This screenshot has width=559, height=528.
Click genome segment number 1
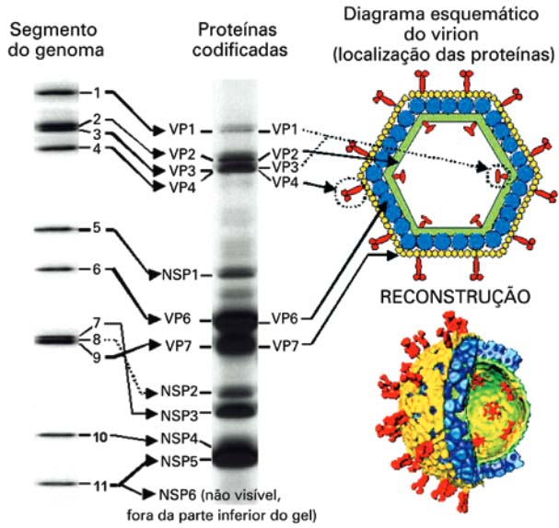click(x=96, y=92)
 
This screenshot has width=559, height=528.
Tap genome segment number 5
click(x=96, y=227)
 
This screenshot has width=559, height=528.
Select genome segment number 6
click(x=96, y=269)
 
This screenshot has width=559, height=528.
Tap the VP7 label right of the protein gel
click(x=285, y=347)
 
